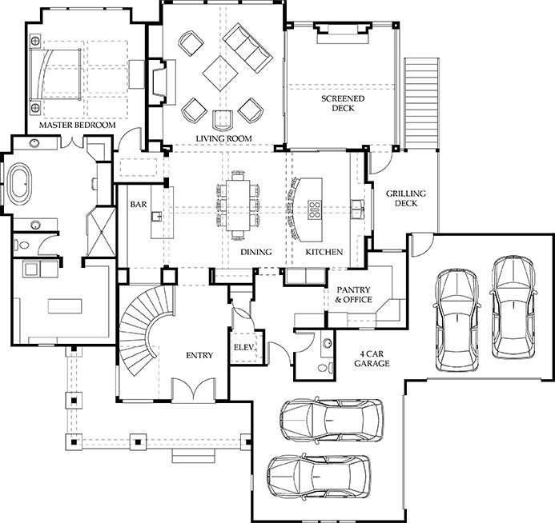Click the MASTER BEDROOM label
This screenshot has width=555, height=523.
pos(77,125)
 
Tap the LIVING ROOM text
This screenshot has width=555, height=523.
pos(224,138)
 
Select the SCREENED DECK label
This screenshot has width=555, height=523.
pos(343,103)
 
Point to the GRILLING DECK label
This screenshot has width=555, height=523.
pos(405,198)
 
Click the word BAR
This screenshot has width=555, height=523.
pos(138,204)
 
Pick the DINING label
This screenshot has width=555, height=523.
pos(256,252)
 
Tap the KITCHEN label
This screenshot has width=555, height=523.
pos(324,252)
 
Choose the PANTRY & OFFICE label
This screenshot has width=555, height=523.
pos(353,295)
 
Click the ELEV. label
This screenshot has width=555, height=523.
pos(244,347)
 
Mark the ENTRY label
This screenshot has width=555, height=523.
pos(199,355)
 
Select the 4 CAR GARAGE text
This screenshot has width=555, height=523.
pos(372,358)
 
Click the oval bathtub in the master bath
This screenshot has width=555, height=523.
pos(20,184)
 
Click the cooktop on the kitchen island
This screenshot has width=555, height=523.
pos(314,209)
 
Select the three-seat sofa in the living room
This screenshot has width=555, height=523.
pos(247,46)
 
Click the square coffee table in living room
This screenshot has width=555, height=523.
pos(220,73)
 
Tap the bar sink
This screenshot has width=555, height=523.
pos(157,216)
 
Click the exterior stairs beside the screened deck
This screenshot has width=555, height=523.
pos(421,103)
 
